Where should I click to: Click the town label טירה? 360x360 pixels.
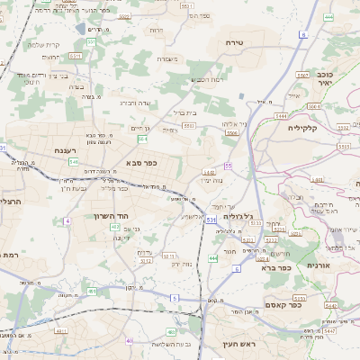coord(251,42)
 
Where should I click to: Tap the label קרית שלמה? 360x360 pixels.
coord(43,45)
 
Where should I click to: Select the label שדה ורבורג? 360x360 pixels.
coord(140,103)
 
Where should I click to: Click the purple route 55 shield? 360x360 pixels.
coord(229,166)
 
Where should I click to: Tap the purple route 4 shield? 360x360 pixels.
coord(67,220)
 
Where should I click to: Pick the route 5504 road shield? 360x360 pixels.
coord(232,133)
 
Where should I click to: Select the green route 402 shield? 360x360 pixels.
coord(115,228)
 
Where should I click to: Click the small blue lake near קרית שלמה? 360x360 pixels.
coord(82,29)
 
